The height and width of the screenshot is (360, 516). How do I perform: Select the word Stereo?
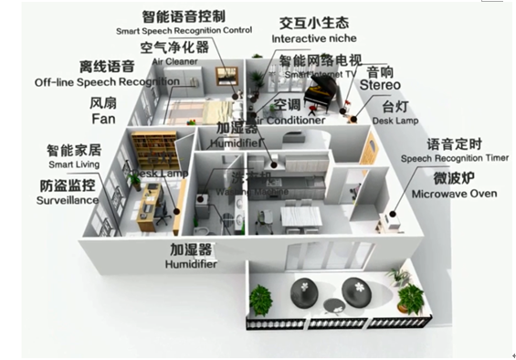coord(380,86)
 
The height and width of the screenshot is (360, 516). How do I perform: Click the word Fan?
coord(102,119)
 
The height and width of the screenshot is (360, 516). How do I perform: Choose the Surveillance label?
coord(69,199)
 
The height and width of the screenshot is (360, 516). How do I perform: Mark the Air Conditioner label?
coord(292,120)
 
